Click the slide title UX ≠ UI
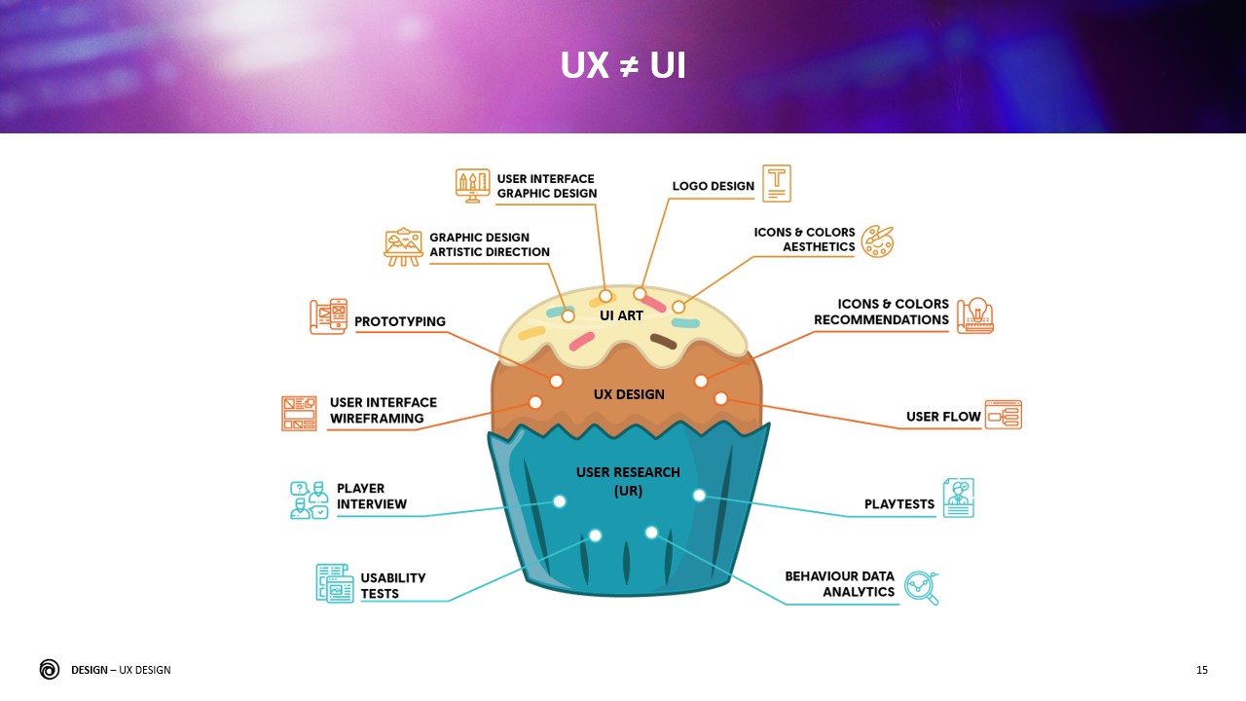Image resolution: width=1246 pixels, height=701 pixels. click(x=623, y=65)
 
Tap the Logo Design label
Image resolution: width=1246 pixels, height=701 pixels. click(x=714, y=186)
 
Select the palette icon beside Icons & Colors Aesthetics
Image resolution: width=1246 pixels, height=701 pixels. click(x=877, y=240)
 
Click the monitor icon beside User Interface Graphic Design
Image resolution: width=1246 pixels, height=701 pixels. click(x=473, y=185)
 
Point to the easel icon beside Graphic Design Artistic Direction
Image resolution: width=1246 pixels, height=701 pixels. click(x=403, y=246)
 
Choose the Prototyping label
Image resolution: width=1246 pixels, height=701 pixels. click(x=400, y=321)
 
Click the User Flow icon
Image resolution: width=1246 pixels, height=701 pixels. click(x=1003, y=415)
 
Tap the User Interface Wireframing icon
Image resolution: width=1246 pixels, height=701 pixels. click(x=299, y=413)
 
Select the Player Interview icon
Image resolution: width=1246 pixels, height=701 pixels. click(x=310, y=499)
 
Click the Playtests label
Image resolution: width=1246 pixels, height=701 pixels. click(x=899, y=504)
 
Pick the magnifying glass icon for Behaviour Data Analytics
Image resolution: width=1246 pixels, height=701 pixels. click(x=921, y=587)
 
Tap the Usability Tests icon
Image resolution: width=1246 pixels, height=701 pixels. click(x=335, y=583)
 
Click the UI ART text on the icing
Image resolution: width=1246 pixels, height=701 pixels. click(x=621, y=315)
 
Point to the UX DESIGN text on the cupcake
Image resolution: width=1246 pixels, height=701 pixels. click(x=629, y=394)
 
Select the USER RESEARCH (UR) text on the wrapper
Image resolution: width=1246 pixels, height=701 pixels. click(x=628, y=482)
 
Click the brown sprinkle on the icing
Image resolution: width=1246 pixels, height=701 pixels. click(x=664, y=341)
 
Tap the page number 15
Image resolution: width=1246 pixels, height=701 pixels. click(x=1202, y=670)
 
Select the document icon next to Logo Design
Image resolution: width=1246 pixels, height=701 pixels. click(x=777, y=183)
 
